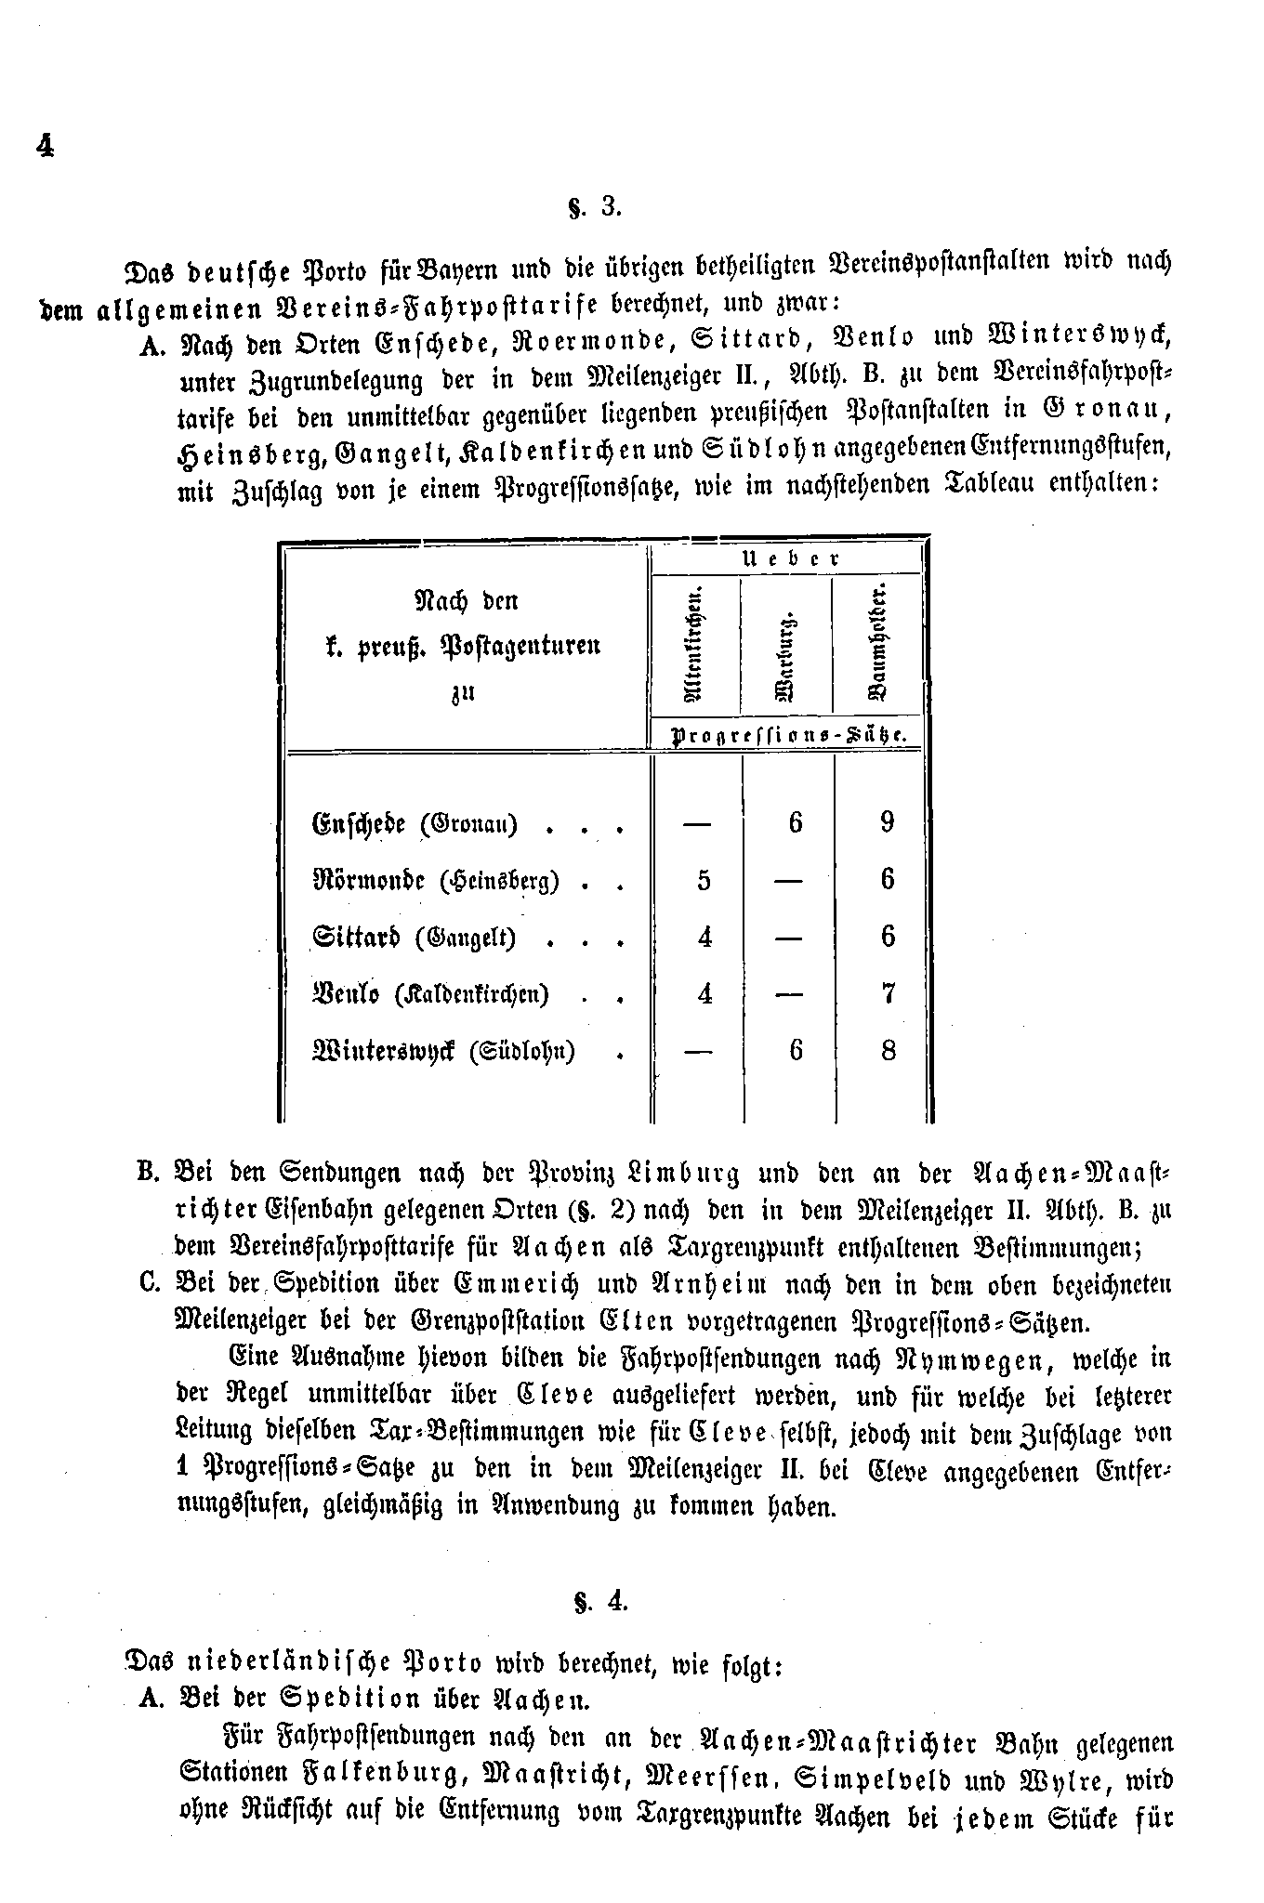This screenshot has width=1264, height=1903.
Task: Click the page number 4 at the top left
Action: (43, 146)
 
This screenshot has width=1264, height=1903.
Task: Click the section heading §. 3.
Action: (594, 207)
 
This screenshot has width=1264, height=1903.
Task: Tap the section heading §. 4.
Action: (594, 1603)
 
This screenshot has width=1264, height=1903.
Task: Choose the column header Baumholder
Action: (877, 643)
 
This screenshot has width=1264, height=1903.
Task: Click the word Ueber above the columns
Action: (790, 559)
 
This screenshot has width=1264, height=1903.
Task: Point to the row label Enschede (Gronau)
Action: (415, 824)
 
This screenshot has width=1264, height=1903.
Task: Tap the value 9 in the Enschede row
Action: (887, 822)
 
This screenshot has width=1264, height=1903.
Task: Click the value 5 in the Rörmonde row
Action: (704, 880)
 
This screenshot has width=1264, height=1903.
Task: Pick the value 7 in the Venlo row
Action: (888, 993)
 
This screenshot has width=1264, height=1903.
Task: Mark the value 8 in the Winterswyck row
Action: (888, 1051)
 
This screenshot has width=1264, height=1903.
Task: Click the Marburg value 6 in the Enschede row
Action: (795, 822)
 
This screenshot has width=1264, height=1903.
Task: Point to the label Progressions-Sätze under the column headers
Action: (788, 734)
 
